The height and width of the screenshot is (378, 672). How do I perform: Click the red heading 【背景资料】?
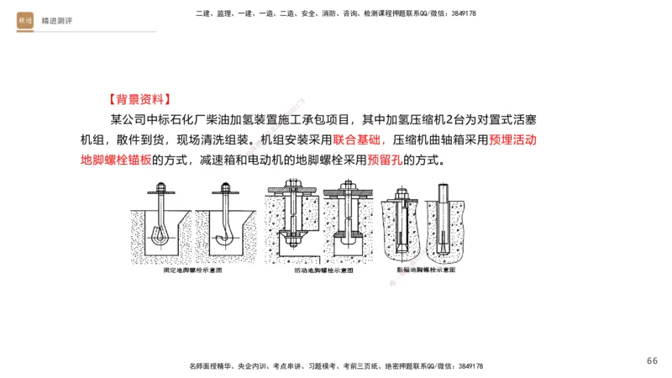coord(139,97)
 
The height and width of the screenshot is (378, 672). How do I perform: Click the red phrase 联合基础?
coord(358,139)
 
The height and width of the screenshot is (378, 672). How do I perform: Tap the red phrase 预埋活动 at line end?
coord(512,139)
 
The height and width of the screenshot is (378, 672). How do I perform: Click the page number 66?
coord(652,360)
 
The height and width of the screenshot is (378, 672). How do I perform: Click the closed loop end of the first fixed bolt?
coord(160,239)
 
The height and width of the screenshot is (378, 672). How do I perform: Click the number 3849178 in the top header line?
coord(461,13)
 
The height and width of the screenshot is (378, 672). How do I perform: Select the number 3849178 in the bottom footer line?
coord(468,366)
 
